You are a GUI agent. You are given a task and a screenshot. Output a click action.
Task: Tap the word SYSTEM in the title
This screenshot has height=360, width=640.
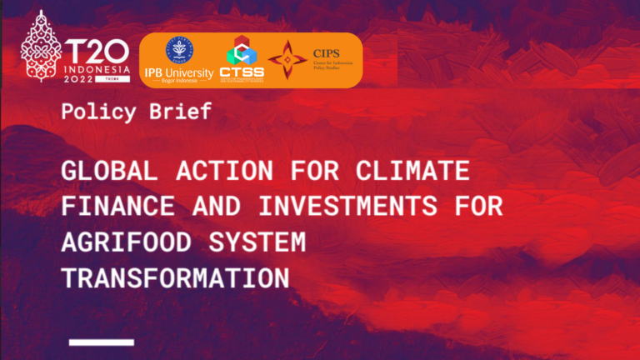click(x=266, y=242)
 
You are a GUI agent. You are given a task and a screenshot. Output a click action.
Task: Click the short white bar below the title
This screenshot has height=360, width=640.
click(x=102, y=342)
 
